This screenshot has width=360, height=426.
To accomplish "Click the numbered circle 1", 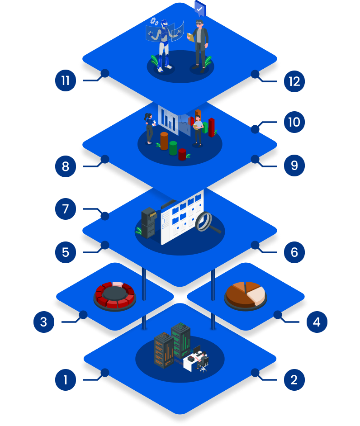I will pos(66,380).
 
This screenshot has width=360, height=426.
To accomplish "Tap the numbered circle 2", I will pos(294,380).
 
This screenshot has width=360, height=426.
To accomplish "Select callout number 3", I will pos(44,322).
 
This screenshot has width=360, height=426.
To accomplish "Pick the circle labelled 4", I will pos(317,322).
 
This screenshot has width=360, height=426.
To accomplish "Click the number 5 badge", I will pos(66,252).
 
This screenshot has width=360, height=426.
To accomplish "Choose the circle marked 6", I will pos(294,252).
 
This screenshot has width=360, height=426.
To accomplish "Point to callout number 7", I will pos(66,209).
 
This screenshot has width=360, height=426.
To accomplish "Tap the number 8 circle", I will pos(66,166).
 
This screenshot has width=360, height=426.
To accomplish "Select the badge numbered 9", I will pos(294,166).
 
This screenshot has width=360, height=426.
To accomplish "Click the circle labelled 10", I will pos(294,122).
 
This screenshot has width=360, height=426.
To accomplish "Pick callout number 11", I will pos(66,81).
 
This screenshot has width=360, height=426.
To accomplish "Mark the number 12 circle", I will pos(294,81).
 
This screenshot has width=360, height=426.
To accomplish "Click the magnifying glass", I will pos(208,222).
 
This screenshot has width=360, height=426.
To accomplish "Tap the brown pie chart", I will pos(246,294).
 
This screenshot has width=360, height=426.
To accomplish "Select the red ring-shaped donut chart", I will pos(115,295).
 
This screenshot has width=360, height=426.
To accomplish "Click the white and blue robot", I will pos(165,45).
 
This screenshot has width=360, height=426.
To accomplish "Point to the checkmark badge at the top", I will pos(200,9).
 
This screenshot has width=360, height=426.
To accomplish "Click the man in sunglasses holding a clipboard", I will pos(199,45).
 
